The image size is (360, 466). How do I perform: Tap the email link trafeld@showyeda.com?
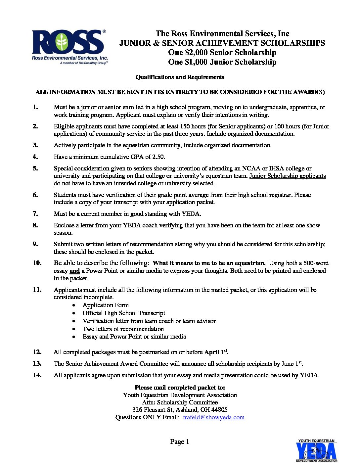(x=214, y=417)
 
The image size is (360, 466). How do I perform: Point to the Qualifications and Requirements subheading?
(x=180, y=77)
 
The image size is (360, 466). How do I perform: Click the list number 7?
(x=35, y=214)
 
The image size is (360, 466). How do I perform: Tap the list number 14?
(x=37, y=375)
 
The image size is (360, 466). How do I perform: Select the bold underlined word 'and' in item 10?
(x=74, y=271)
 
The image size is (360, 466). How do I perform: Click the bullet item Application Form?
(x=106, y=305)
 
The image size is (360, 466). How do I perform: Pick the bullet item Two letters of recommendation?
(x=123, y=329)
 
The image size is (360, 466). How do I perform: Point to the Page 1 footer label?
(x=180, y=442)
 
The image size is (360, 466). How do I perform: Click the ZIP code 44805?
(x=219, y=410)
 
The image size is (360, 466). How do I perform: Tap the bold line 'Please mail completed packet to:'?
(x=180, y=388)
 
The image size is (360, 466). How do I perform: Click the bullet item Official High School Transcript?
(x=124, y=313)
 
